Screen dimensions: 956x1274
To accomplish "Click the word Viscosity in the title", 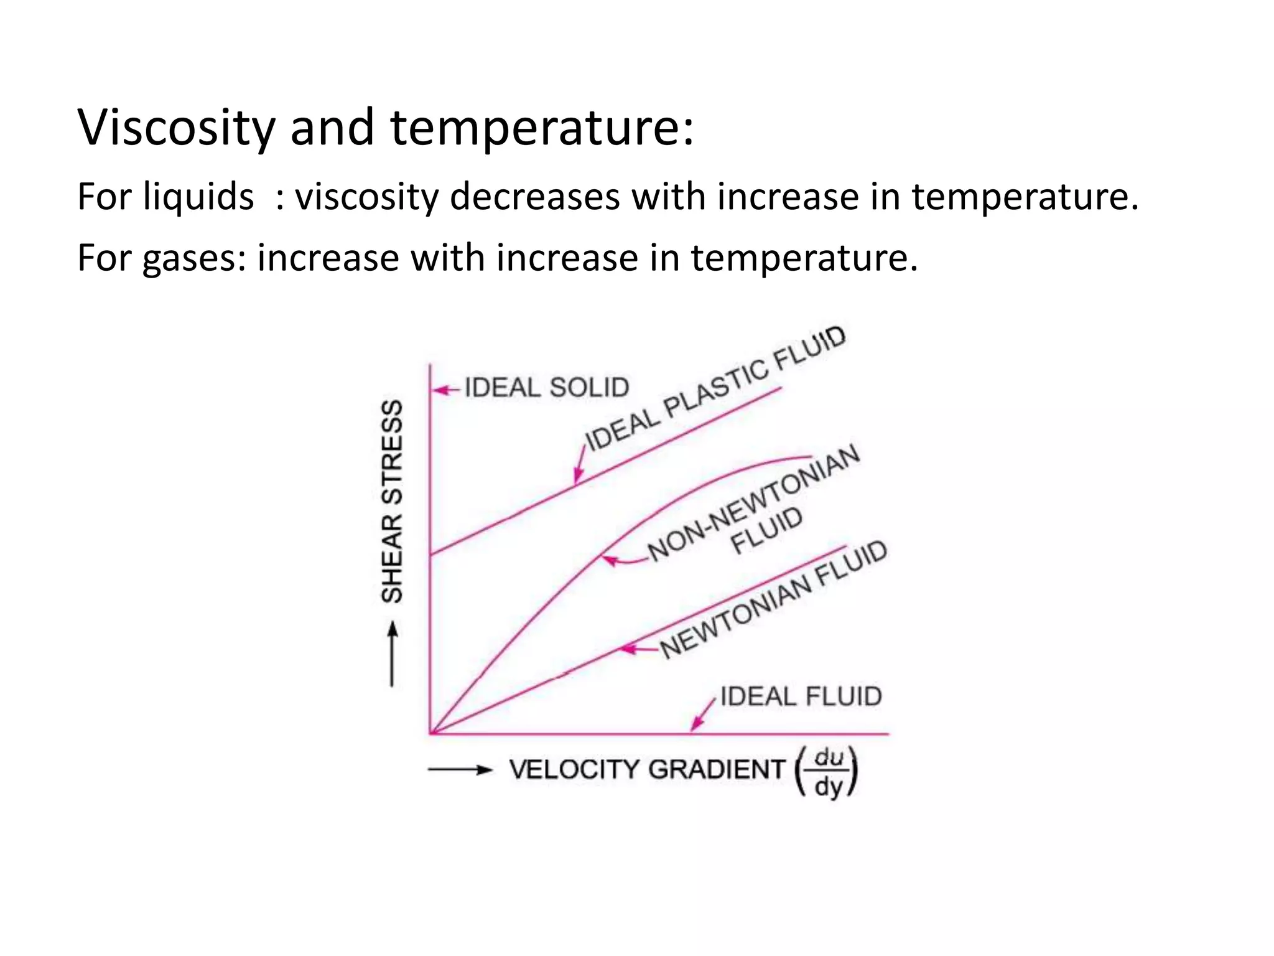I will tap(176, 128).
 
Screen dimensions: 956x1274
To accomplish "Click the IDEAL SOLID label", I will tap(547, 388).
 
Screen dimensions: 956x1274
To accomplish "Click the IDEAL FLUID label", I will tap(801, 696).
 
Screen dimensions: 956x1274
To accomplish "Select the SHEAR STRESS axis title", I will tap(393, 502).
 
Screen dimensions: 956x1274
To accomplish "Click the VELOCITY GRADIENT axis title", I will tap(647, 770).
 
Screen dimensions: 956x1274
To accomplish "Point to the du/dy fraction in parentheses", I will tap(828, 772).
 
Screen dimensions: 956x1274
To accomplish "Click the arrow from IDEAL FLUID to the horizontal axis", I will tap(703, 716).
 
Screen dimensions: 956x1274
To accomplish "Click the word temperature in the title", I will tap(541, 128).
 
